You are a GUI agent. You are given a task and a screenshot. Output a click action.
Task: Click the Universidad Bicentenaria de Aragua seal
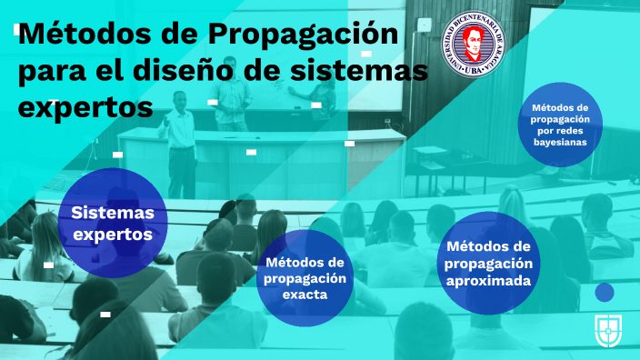click(472, 45)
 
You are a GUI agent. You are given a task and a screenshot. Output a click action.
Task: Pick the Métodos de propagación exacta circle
click(305, 276)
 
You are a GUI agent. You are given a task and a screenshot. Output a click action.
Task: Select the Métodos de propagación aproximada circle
click(488, 264)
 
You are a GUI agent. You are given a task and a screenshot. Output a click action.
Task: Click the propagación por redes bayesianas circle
click(560, 123)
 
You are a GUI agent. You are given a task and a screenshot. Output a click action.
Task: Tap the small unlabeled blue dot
click(604, 293)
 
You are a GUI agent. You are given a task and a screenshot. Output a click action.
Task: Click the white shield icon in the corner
click(606, 330)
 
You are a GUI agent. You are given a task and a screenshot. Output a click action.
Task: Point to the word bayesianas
click(560, 142)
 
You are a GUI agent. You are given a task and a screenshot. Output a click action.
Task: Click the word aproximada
click(488, 281)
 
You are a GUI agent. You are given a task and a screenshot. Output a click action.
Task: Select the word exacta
click(305, 295)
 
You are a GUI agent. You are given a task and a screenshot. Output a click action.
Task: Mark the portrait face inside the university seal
click(472, 42)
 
